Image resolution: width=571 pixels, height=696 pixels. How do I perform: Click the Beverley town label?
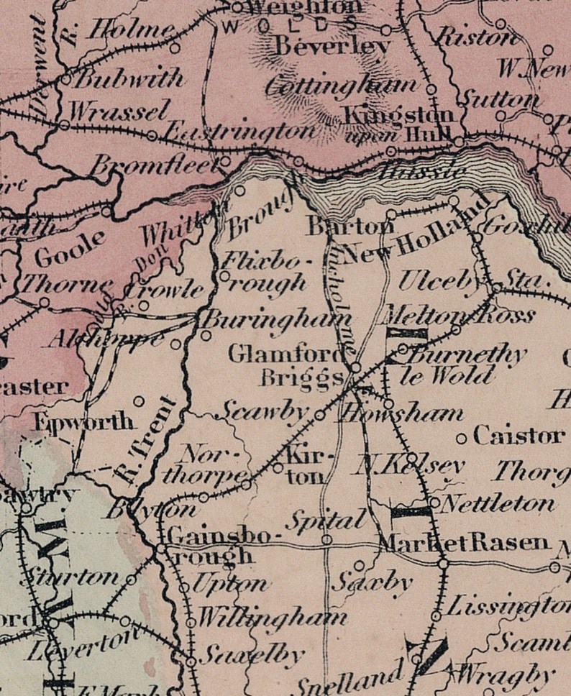(x=332, y=47)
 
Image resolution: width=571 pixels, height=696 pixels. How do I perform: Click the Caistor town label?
(x=518, y=436)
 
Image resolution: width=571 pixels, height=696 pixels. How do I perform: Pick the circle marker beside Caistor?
(x=462, y=438)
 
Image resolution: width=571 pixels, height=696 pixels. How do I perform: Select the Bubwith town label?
(x=129, y=78)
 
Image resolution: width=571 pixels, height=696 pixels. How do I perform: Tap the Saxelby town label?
(x=251, y=656)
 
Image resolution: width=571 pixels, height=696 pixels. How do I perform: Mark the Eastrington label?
(x=239, y=132)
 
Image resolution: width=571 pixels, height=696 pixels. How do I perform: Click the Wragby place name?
(x=506, y=677)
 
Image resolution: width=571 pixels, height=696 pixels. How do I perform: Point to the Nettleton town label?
(x=497, y=503)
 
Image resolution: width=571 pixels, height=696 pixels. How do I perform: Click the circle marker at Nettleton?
(x=434, y=502)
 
